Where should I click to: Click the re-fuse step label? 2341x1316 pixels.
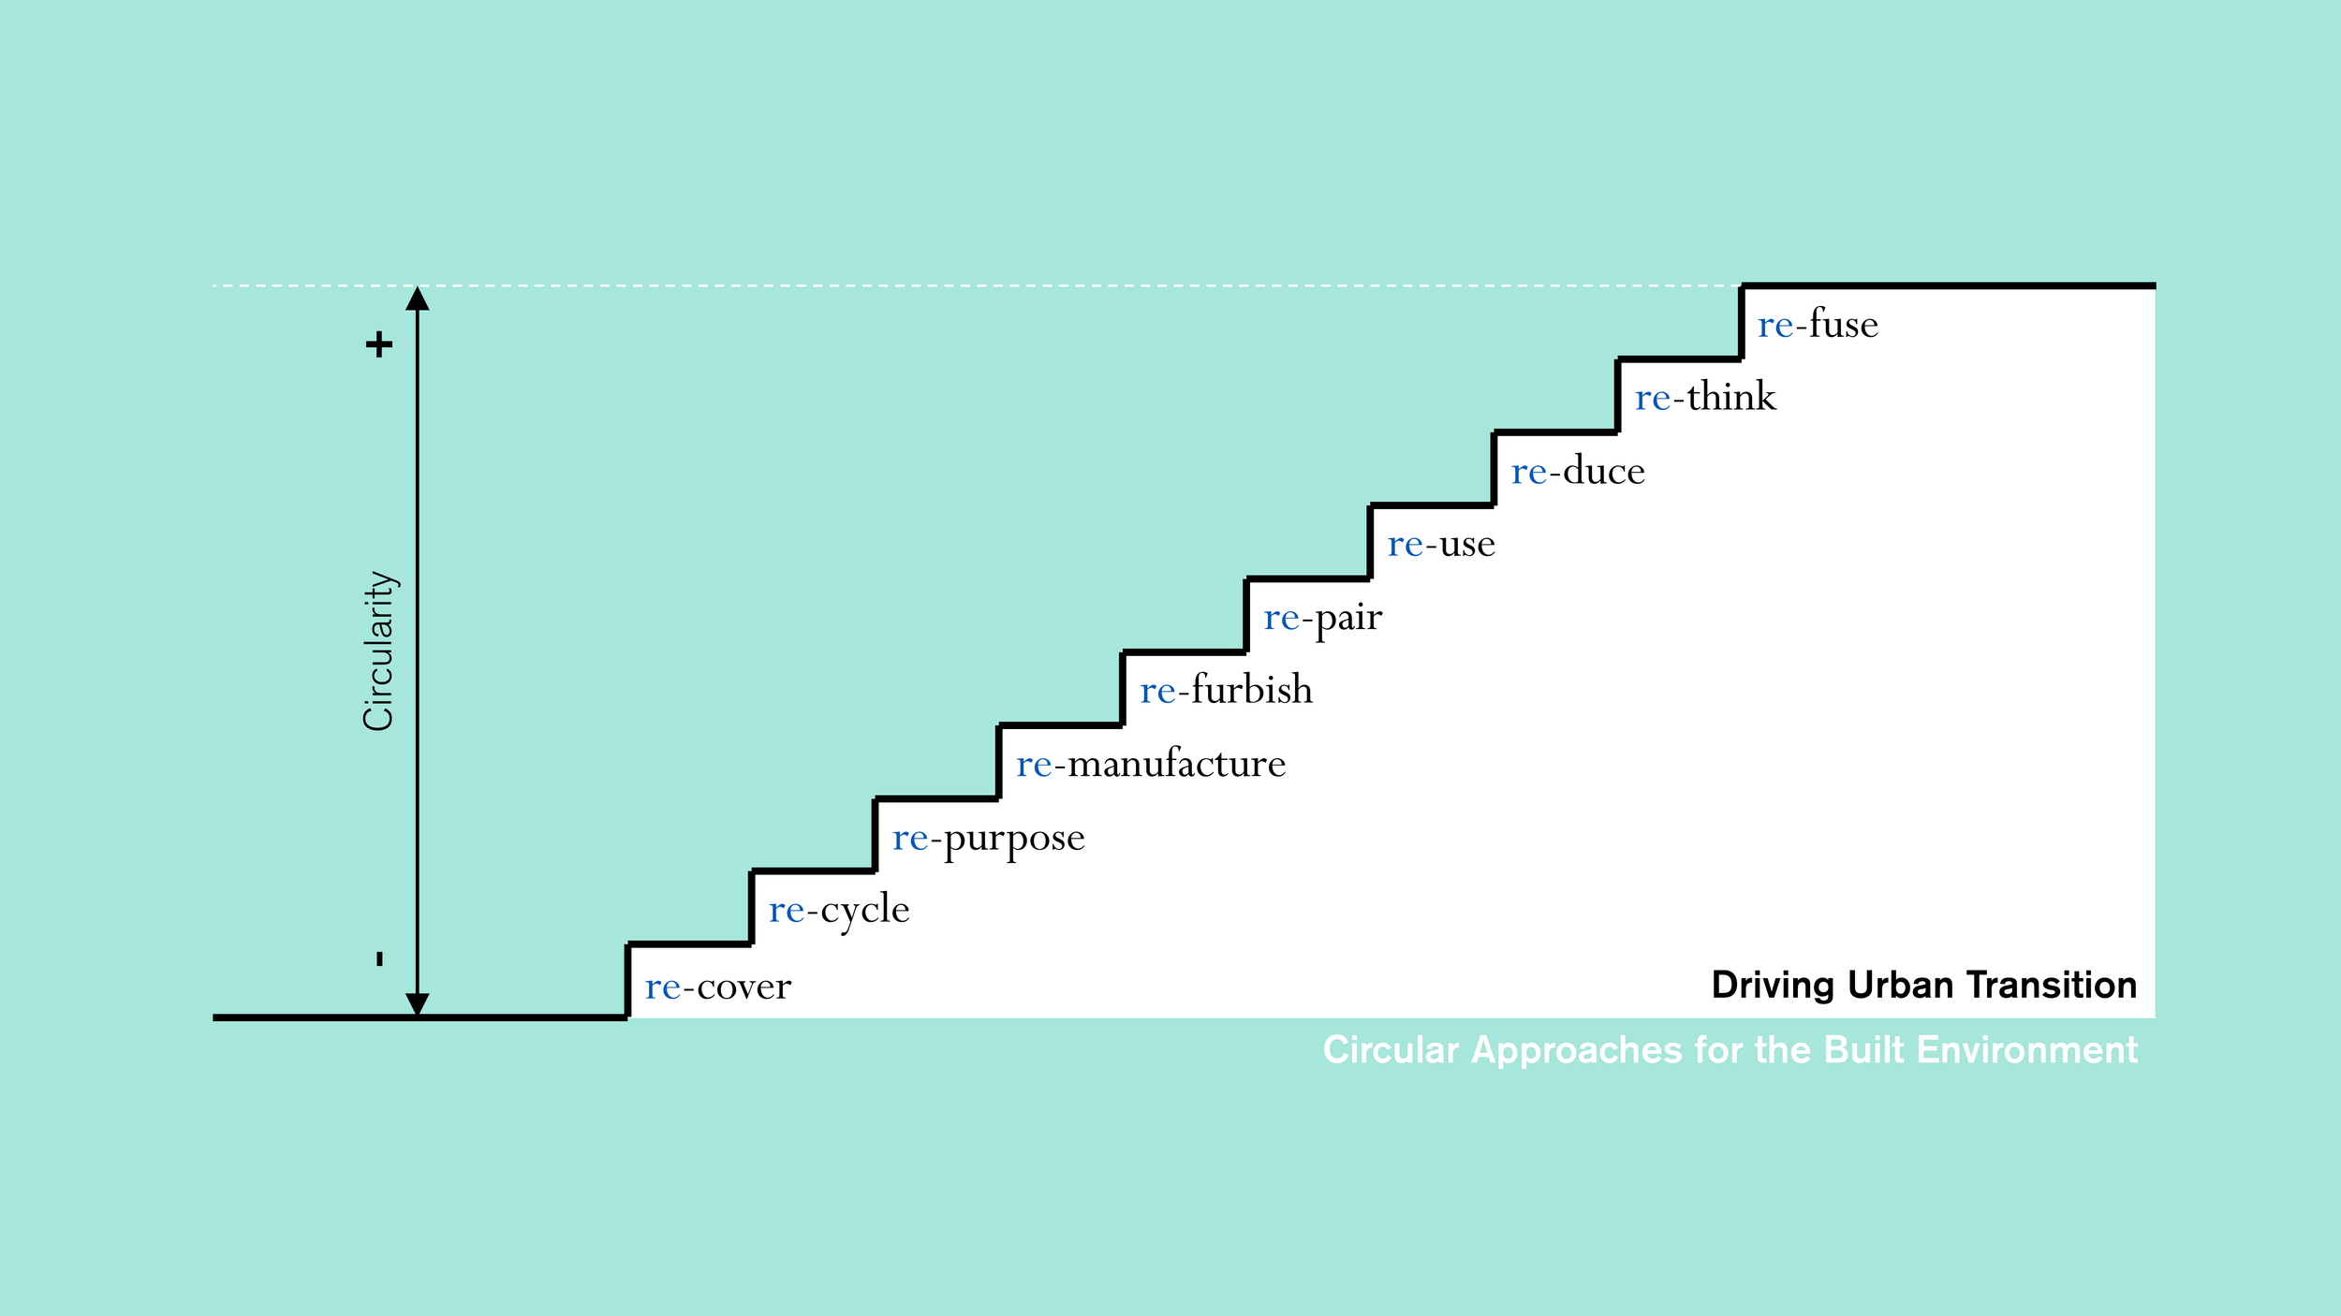1818,325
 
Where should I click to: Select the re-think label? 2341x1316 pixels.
1705,398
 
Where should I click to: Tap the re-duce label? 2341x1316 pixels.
1578,471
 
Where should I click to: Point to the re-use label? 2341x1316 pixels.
1441,544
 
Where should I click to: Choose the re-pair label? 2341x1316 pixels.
1322,619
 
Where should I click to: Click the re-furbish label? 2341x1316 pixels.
1226,691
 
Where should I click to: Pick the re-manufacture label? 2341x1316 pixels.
1151,765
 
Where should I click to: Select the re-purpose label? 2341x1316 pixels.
989,839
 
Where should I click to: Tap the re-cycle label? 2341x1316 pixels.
839,911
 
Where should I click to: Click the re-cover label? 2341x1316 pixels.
718,987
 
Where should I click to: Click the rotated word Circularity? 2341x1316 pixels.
378,651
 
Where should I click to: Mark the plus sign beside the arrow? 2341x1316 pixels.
379,345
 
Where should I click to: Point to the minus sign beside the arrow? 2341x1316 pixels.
379,958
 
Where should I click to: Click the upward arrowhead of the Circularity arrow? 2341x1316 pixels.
418,299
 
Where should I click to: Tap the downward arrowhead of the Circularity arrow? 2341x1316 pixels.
418,1004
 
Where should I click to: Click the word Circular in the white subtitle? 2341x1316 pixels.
1391,1050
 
